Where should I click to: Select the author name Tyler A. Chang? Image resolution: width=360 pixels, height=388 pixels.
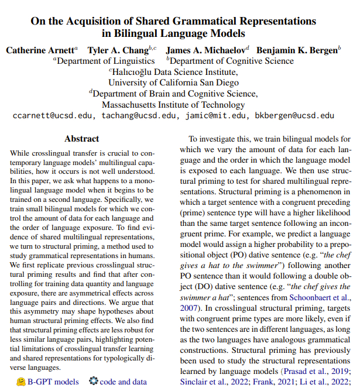click(x=121, y=50)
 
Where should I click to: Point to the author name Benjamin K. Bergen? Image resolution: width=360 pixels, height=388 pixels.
click(x=300, y=50)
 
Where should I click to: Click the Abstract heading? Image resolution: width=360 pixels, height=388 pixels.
click(x=82, y=139)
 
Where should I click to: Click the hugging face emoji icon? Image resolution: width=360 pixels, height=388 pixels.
click(x=21, y=382)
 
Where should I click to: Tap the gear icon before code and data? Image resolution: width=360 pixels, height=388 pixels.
click(x=93, y=382)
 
